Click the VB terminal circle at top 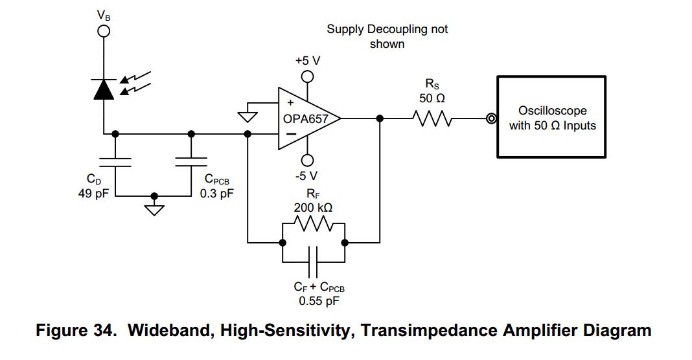tap(103, 30)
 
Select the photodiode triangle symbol tap(103, 90)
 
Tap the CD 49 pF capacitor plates tap(115, 161)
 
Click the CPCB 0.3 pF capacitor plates tap(191, 161)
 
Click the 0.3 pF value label tap(216, 192)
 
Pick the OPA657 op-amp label tap(305, 119)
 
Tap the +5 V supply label tap(308, 60)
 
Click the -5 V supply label tap(308, 175)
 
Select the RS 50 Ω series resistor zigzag tap(435, 118)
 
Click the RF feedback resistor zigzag tap(314, 225)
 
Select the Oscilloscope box tap(552, 117)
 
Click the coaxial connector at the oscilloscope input tap(492, 118)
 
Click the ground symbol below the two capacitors tap(154, 208)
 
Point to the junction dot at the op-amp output tap(380, 118)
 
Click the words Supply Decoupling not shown tap(387, 36)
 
